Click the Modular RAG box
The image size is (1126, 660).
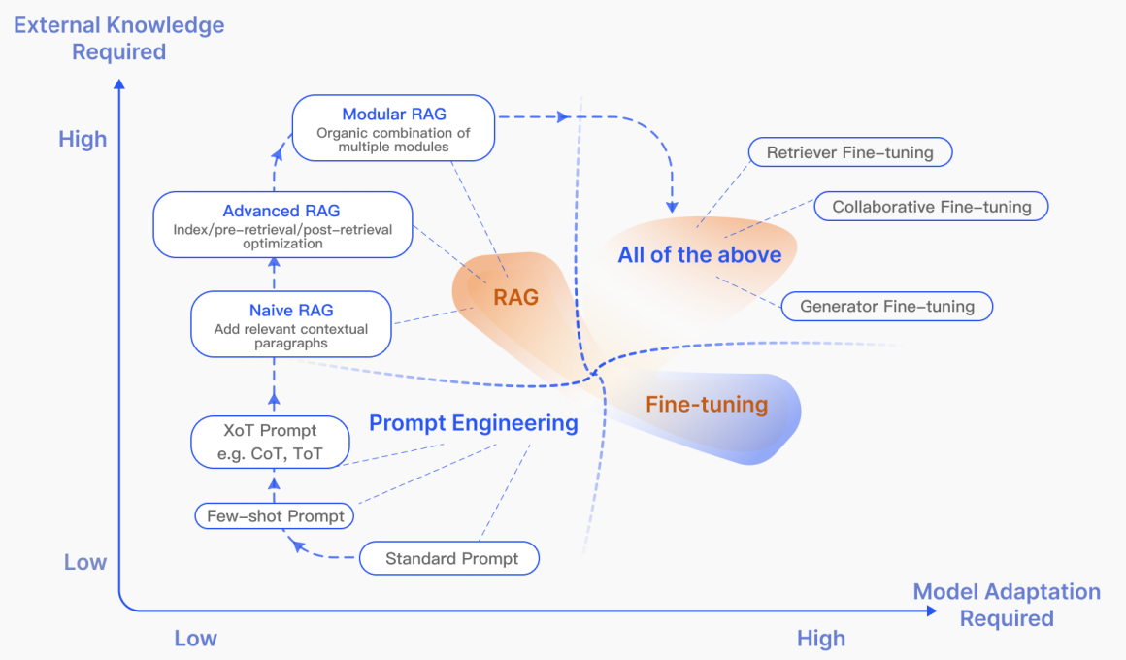[x=394, y=128]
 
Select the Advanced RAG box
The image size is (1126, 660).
[x=281, y=225]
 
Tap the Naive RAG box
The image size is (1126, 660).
[x=291, y=324]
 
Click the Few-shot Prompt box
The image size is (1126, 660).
[x=276, y=516]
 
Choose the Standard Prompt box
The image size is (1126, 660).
[x=451, y=558]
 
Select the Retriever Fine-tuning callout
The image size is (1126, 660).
[x=849, y=152]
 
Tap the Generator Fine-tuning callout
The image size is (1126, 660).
[x=886, y=307]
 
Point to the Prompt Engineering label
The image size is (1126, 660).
[x=474, y=423]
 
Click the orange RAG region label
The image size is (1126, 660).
[x=515, y=298]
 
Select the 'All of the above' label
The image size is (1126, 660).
[x=699, y=255]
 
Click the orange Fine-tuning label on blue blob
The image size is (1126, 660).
[x=707, y=405]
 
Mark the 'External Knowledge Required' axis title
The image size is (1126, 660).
[x=119, y=38]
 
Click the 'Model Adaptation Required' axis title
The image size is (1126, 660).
[x=1007, y=605]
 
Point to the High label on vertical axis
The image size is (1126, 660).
[x=83, y=140]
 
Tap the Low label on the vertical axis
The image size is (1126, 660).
[x=85, y=563]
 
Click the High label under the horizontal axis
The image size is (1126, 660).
[x=820, y=639]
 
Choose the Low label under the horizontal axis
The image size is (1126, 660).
[x=195, y=639]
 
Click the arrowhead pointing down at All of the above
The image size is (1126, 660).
[x=671, y=207]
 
